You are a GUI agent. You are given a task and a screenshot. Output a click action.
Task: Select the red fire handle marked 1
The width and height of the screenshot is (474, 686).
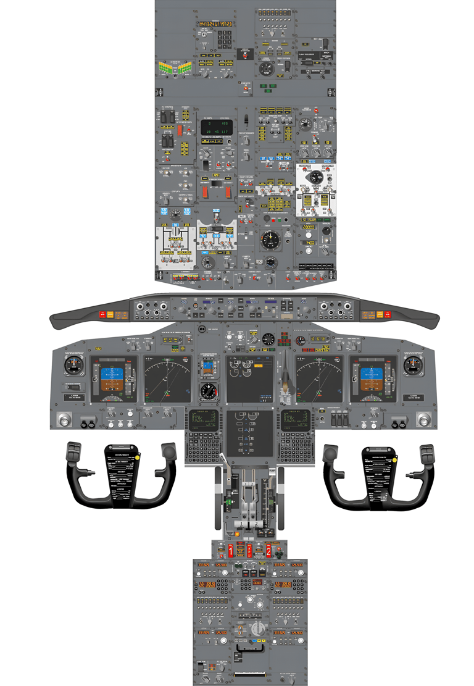click(x=231, y=550)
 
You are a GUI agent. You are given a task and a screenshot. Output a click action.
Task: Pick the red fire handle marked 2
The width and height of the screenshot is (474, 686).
click(x=268, y=550)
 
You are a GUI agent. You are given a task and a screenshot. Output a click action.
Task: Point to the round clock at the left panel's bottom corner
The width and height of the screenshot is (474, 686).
click(x=61, y=420)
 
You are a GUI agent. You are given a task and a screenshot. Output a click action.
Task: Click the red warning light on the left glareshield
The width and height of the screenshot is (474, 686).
click(x=102, y=315)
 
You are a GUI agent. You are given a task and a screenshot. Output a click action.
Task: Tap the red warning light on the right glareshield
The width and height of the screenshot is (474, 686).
click(x=389, y=315)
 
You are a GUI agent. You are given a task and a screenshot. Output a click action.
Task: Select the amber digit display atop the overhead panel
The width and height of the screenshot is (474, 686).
click(x=215, y=24)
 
